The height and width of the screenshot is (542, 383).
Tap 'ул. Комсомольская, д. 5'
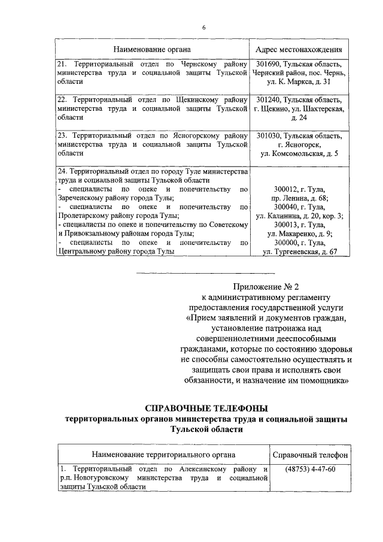click(299, 154)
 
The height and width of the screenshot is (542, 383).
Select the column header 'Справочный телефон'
click(310, 456)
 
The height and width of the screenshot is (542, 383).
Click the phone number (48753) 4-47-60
click(310, 469)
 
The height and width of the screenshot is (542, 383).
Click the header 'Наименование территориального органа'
click(163, 456)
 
